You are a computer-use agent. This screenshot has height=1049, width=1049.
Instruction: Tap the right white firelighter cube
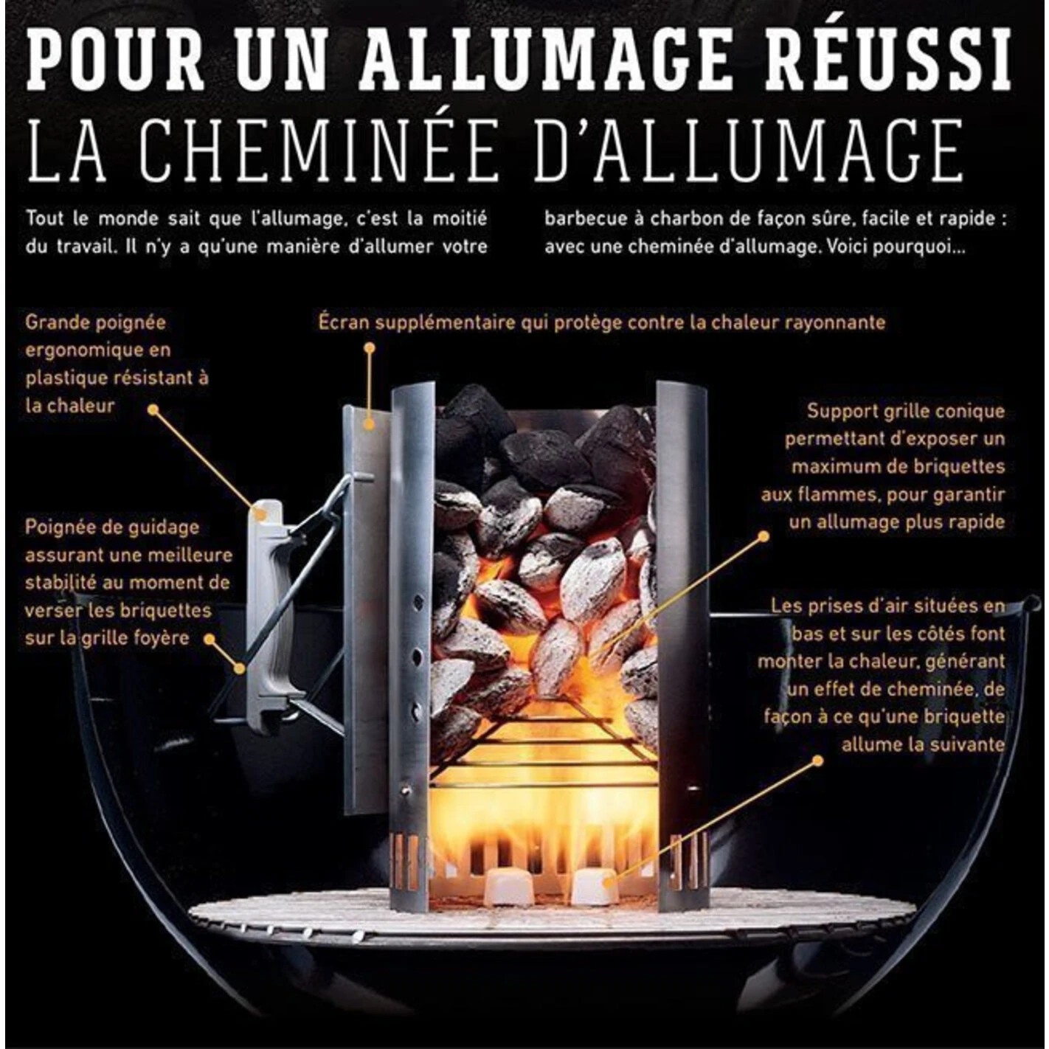click(595, 885)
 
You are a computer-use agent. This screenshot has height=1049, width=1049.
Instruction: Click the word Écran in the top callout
click(345, 322)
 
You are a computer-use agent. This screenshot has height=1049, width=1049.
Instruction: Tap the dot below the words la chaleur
click(153, 409)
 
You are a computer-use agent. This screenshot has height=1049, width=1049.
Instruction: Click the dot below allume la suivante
click(817, 761)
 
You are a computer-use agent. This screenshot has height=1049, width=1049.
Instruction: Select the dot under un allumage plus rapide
click(763, 537)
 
